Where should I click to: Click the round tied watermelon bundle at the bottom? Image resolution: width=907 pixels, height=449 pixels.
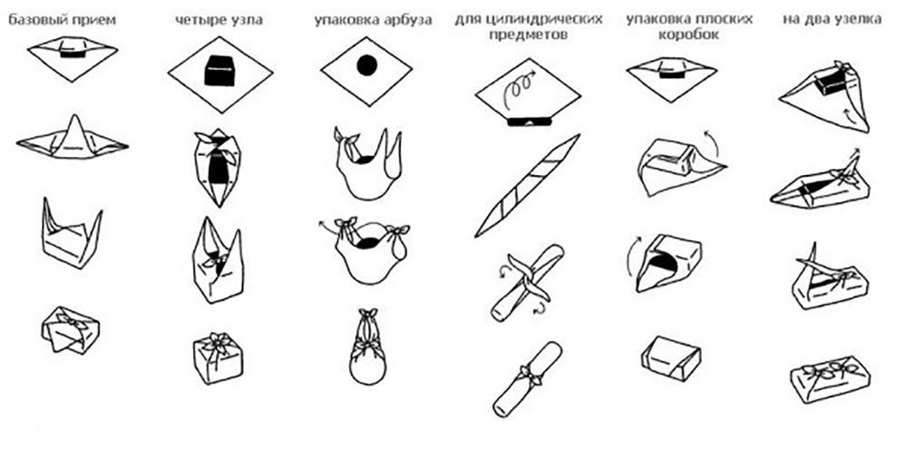click(367, 354)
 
